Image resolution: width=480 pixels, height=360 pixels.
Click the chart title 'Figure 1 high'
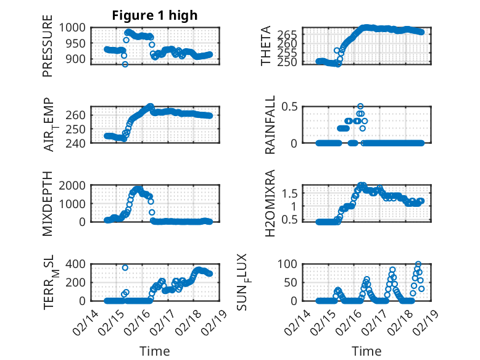click(154, 15)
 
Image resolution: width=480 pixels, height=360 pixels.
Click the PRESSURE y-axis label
click(48, 50)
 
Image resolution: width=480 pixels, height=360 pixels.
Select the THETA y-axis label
click(266, 46)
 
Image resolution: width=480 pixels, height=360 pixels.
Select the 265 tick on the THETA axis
click(292, 33)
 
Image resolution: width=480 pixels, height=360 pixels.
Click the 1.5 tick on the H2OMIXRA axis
click(294, 193)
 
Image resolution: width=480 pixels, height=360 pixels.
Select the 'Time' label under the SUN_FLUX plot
click(366, 351)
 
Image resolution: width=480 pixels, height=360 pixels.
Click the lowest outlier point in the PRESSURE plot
click(125, 64)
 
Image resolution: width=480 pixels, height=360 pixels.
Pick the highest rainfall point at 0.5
click(360, 106)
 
